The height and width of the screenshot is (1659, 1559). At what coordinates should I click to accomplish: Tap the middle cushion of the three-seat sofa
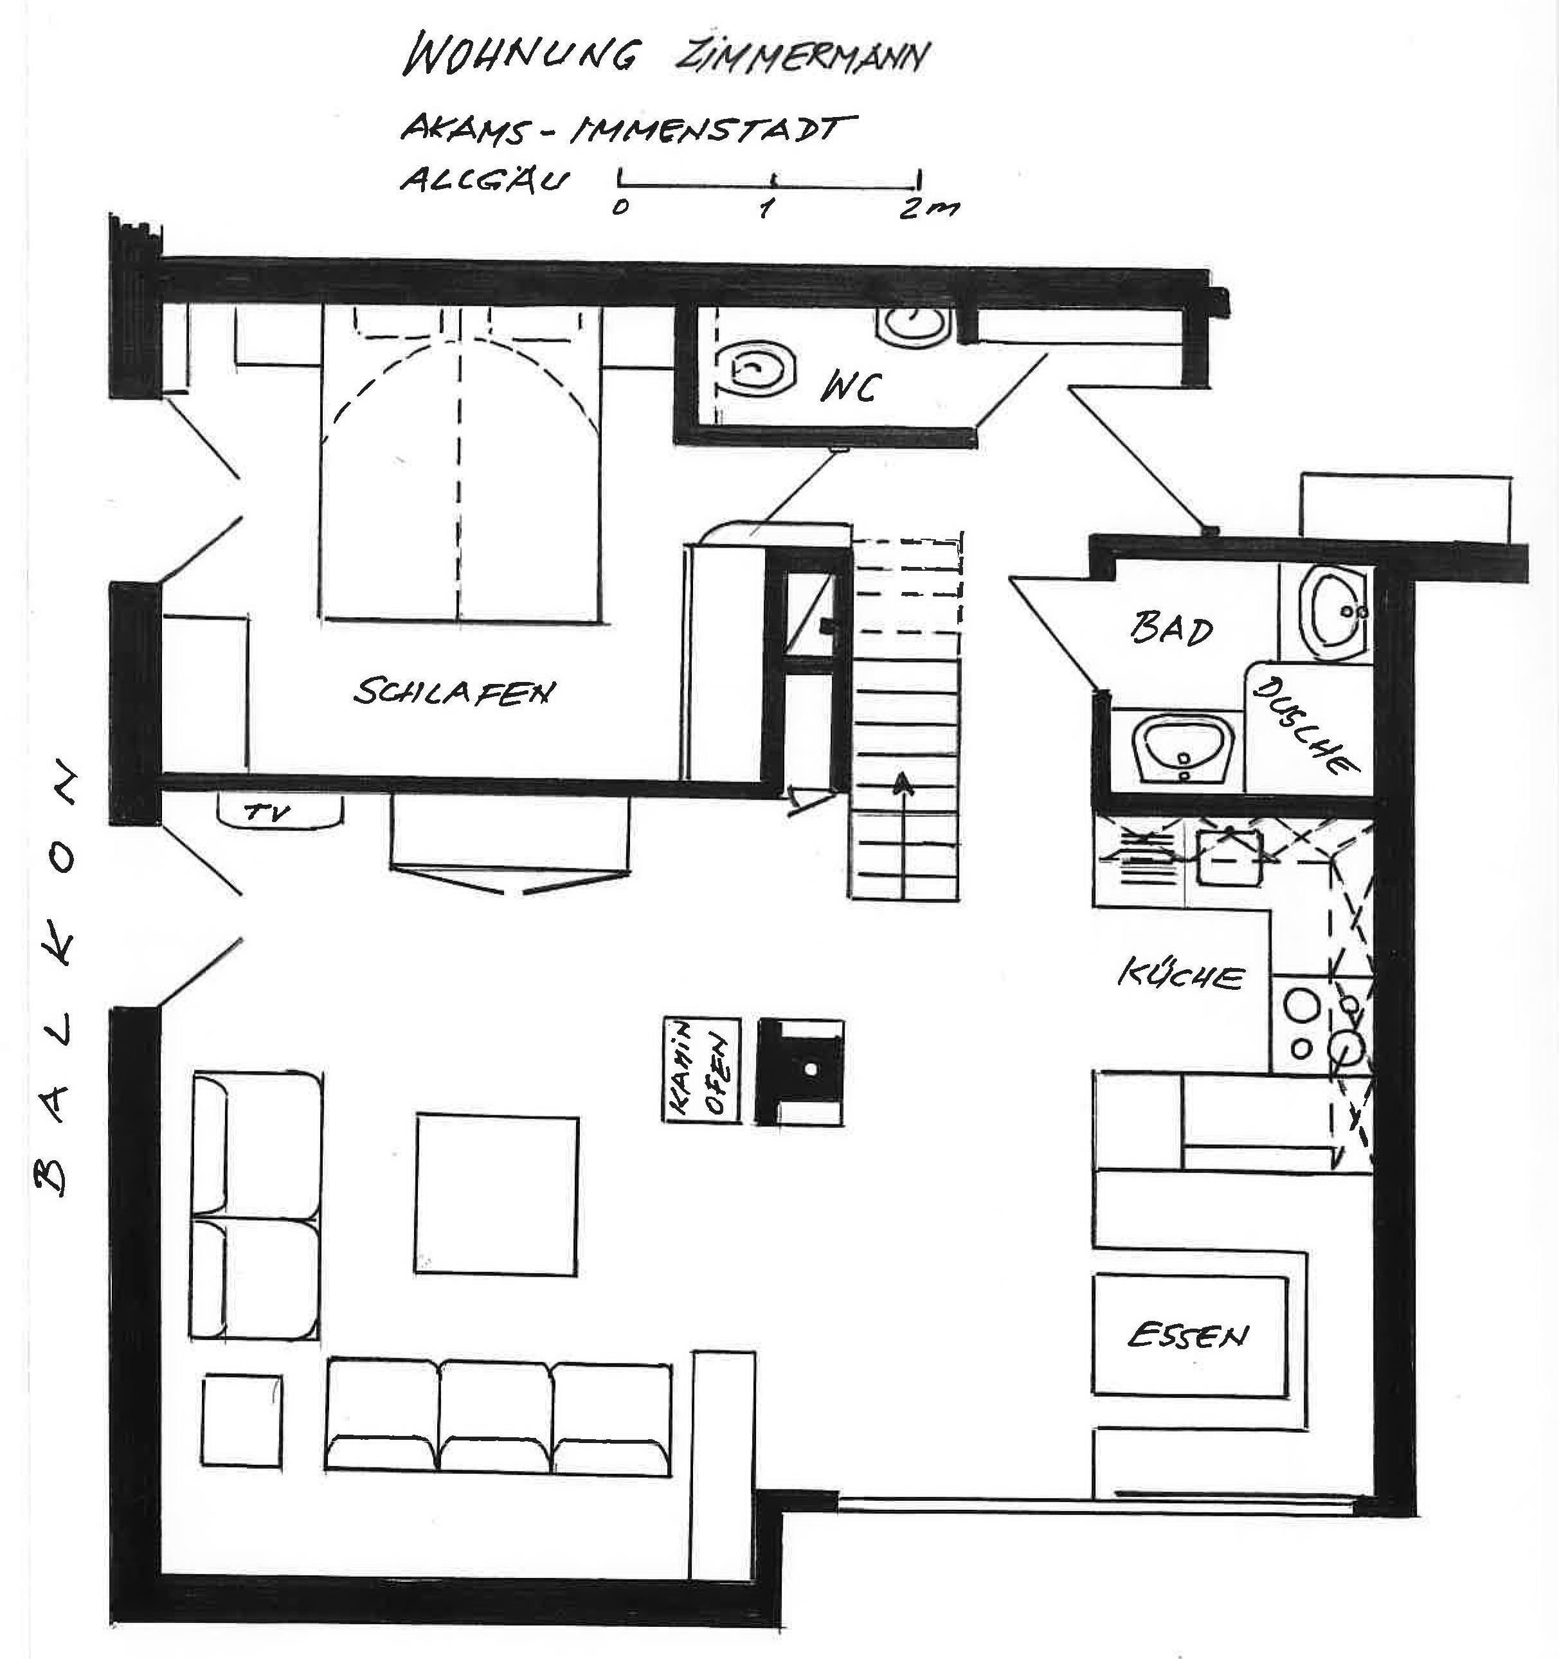(496, 1418)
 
